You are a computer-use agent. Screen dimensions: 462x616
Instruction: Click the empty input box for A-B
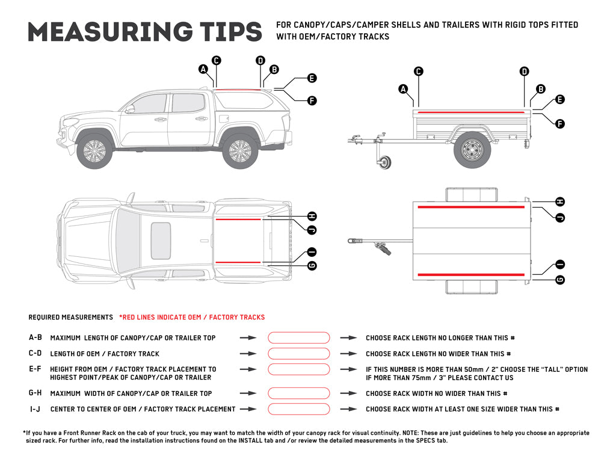click(298, 338)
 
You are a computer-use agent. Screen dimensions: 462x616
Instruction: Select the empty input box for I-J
click(298, 409)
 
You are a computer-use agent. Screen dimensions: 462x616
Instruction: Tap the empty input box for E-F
click(298, 369)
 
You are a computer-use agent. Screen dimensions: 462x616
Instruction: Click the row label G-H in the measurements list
click(35, 393)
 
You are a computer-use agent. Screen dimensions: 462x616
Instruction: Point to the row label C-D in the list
click(35, 354)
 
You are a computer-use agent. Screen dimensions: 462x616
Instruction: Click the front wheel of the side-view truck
click(94, 150)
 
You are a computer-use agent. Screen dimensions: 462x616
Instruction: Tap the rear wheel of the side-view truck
click(240, 150)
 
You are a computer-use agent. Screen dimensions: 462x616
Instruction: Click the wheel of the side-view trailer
click(472, 150)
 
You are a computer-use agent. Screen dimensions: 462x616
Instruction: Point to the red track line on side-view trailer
click(469, 112)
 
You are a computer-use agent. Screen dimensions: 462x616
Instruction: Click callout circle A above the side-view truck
click(204, 70)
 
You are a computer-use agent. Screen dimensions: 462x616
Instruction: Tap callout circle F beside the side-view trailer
click(559, 124)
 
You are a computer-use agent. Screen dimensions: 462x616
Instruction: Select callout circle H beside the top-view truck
click(312, 216)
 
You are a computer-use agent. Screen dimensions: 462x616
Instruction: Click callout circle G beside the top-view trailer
click(560, 280)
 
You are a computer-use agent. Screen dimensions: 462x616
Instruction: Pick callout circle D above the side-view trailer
click(525, 72)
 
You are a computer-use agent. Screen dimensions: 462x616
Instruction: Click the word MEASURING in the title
click(106, 32)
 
